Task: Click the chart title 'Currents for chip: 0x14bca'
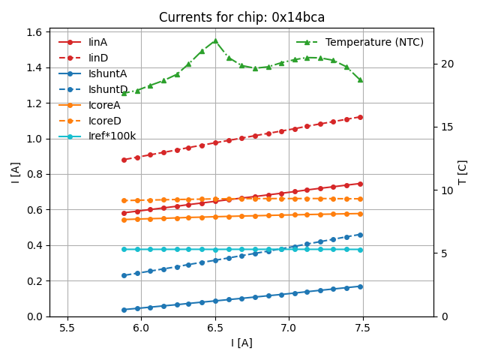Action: tap(241, 17)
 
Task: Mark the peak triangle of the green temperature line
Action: tap(215, 40)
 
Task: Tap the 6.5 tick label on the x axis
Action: tap(215, 328)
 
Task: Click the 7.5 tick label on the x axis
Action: tap(363, 328)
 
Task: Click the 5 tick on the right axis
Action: tap(442, 253)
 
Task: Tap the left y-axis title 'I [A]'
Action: tap(15, 172)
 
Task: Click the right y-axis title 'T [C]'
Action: tap(463, 172)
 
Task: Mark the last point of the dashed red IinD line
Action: tap(360, 117)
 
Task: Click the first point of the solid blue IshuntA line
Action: tap(124, 310)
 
